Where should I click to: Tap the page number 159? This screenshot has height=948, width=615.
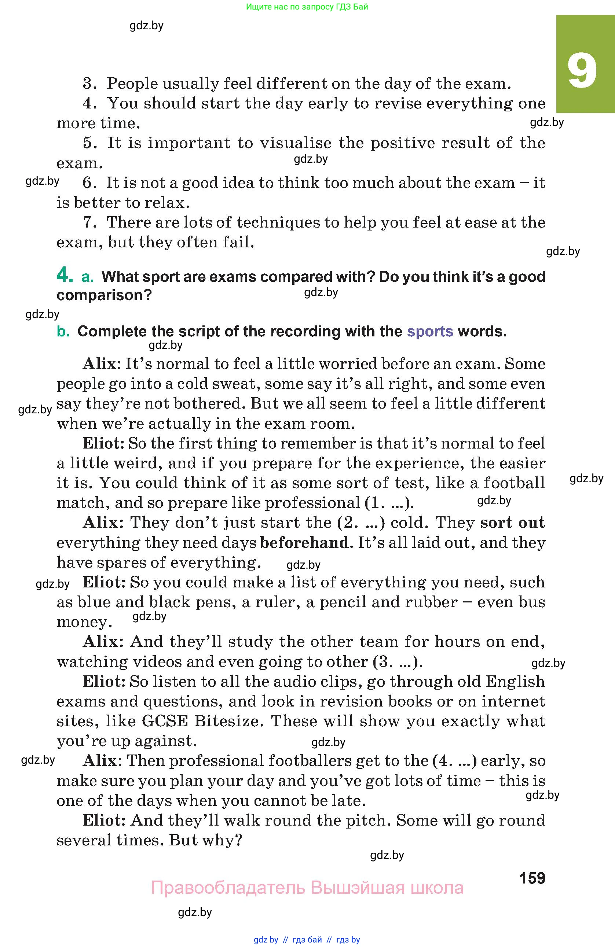tap(532, 878)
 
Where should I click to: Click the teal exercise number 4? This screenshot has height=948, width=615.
tap(65, 275)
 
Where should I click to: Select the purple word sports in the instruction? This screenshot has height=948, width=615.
tap(430, 331)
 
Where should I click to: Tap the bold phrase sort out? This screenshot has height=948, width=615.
tap(512, 523)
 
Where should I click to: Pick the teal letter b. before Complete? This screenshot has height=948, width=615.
tap(63, 331)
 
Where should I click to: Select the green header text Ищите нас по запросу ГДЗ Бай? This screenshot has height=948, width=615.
tap(307, 7)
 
